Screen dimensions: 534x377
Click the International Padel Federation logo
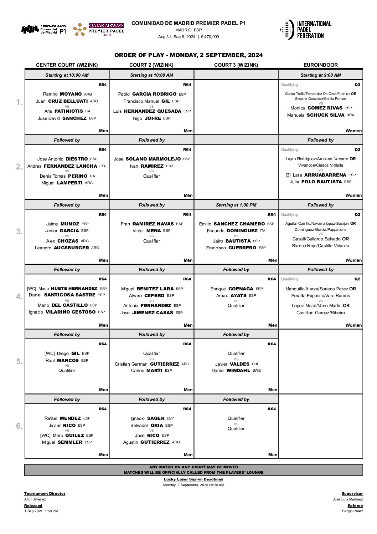pos(306,30)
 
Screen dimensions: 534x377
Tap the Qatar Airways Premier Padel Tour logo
pos(99,30)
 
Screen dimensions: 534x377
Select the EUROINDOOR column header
pos(320,65)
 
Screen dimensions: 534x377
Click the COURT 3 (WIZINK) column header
pos(236,65)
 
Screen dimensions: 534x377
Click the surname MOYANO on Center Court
pos(71,94)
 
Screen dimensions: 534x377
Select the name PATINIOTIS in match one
pos(68,111)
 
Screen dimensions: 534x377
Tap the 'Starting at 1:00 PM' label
pos(236,205)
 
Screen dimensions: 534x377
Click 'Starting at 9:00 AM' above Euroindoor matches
pos(320,75)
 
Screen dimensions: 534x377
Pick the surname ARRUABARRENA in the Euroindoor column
pos(325,175)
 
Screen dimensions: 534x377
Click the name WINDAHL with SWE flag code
pos(238,371)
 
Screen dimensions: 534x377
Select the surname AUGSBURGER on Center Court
pos(71,248)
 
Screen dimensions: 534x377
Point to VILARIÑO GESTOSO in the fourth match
pos(71,312)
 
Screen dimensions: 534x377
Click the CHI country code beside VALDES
pos(255,364)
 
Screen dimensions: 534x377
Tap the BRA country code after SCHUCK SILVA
pos(350,115)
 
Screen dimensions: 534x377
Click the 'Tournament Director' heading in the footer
pos(45,494)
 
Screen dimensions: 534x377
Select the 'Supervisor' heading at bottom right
pos(352,494)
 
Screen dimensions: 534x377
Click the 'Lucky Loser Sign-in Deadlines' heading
pos(193,479)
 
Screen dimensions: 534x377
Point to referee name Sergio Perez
pos(352,511)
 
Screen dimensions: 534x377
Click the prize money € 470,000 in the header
pos(210,37)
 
